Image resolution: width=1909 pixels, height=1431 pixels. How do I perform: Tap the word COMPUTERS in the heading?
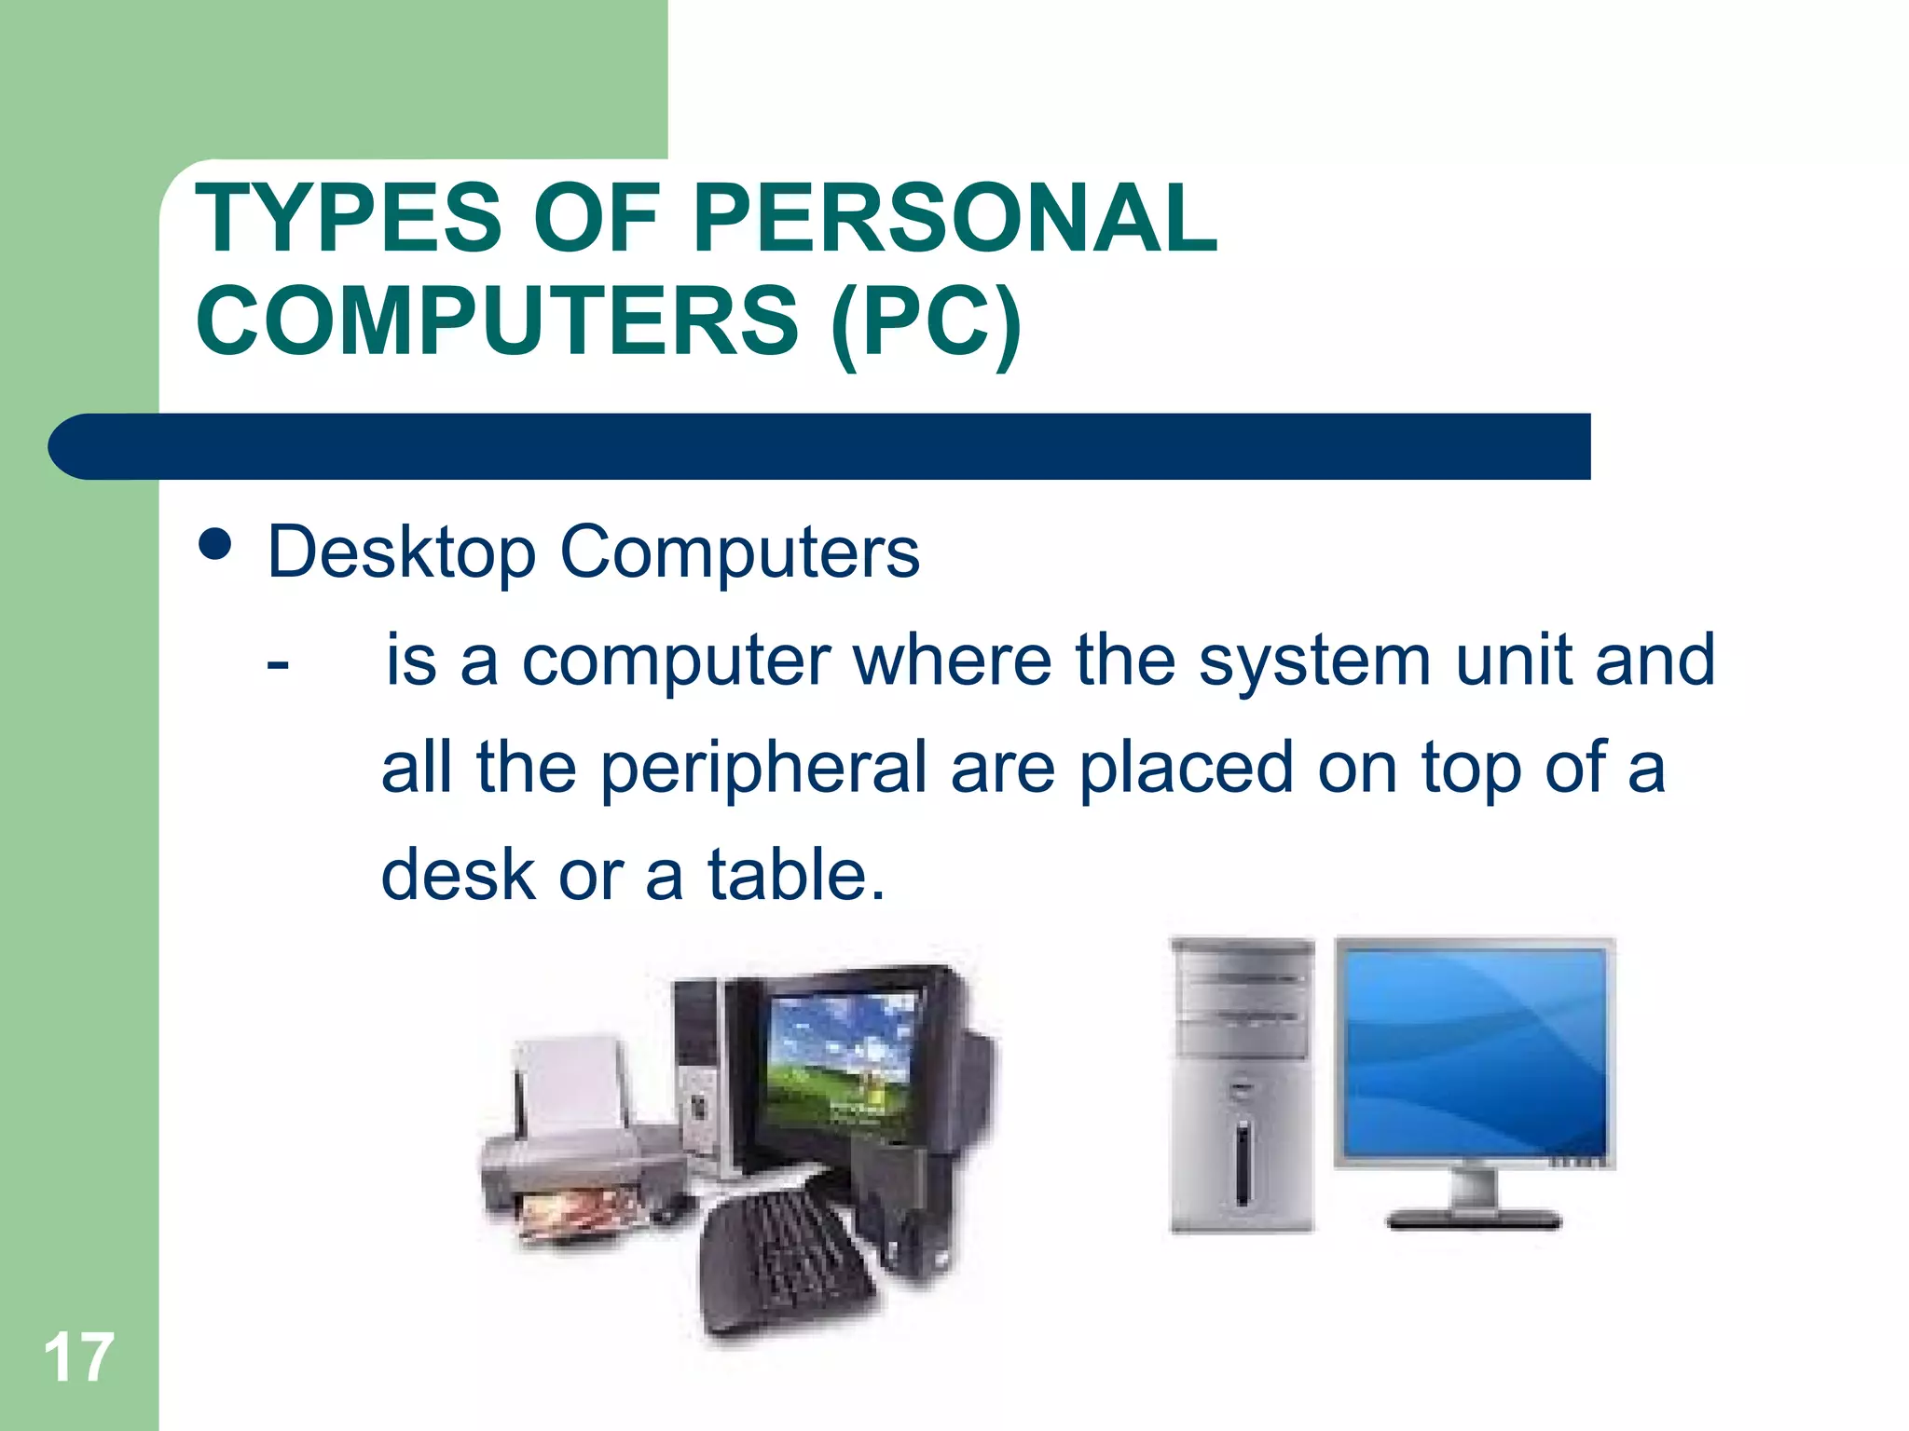(497, 321)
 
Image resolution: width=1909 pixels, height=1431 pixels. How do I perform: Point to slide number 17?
(78, 1357)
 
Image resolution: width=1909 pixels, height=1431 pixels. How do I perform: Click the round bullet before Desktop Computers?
(215, 544)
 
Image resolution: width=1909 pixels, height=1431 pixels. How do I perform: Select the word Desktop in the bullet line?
(402, 552)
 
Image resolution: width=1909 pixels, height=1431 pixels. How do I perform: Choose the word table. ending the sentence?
(795, 875)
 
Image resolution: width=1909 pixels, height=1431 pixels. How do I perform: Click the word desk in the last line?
(458, 875)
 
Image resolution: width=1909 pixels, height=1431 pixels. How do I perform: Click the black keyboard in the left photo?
(788, 1267)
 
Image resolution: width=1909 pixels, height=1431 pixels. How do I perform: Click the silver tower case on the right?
(1242, 1085)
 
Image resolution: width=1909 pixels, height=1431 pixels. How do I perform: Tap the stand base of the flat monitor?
(1473, 1217)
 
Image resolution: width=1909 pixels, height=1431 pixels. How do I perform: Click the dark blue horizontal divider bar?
(820, 446)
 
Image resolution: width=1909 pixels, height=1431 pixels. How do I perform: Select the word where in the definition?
(953, 661)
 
